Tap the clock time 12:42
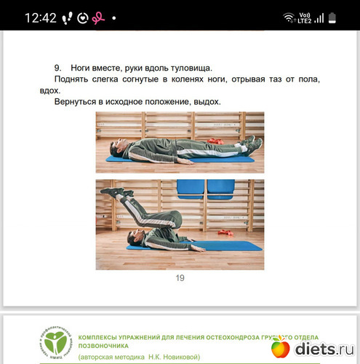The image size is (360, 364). [41, 18]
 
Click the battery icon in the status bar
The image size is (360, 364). [332, 18]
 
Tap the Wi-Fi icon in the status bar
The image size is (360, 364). [289, 17]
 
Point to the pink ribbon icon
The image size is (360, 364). [98, 18]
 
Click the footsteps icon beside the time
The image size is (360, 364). [67, 18]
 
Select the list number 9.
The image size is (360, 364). [57, 68]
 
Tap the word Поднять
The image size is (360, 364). [71, 79]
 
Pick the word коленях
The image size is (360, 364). [187, 79]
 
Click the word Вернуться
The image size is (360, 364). [75, 102]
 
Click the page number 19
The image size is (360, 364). [180, 278]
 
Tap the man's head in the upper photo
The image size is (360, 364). [117, 148]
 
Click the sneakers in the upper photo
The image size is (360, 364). [252, 144]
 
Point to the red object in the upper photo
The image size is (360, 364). [215, 141]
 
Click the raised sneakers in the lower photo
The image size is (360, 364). [116, 191]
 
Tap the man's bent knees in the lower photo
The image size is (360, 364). [174, 219]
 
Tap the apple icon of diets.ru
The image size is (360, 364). [281, 347]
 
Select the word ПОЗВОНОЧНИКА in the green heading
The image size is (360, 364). [103, 346]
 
